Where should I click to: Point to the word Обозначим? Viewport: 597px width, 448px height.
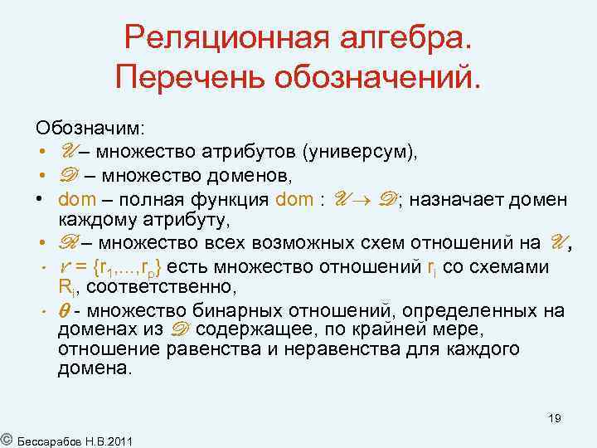(90, 129)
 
